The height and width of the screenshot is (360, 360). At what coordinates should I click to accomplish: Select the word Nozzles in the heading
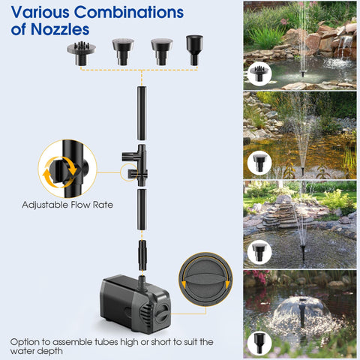point(63,31)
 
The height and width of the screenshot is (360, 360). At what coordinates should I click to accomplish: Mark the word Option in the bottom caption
point(26,341)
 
